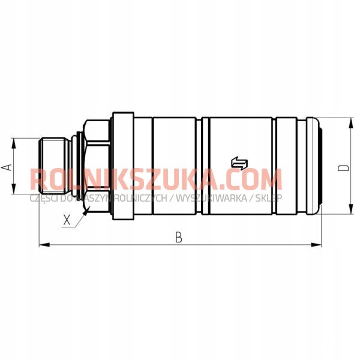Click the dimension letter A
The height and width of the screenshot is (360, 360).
[x=7, y=167]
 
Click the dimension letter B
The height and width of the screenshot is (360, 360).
[x=179, y=237]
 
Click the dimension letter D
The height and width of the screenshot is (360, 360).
[x=343, y=167]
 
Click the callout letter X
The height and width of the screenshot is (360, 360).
[x=67, y=220]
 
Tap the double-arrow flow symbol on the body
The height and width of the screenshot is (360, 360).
[x=239, y=163]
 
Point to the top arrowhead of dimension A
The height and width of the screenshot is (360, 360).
[x=14, y=143]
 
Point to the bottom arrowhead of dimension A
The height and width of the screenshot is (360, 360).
[x=14, y=189]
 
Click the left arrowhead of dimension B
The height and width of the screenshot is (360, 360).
[x=44, y=245]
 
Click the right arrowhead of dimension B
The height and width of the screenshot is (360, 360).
[x=316, y=245]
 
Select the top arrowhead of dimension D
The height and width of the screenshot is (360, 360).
[x=350, y=123]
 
